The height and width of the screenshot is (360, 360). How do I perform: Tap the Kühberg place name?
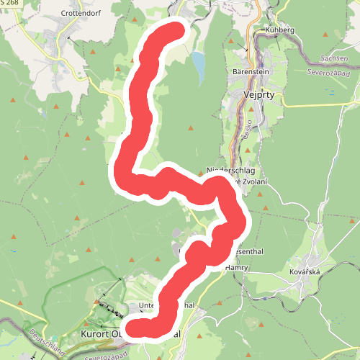(x=280, y=30)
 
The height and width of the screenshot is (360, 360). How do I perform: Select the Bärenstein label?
(x=250, y=73)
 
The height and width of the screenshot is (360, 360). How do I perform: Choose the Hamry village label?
(x=236, y=267)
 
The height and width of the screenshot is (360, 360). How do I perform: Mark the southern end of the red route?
(x=138, y=328)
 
